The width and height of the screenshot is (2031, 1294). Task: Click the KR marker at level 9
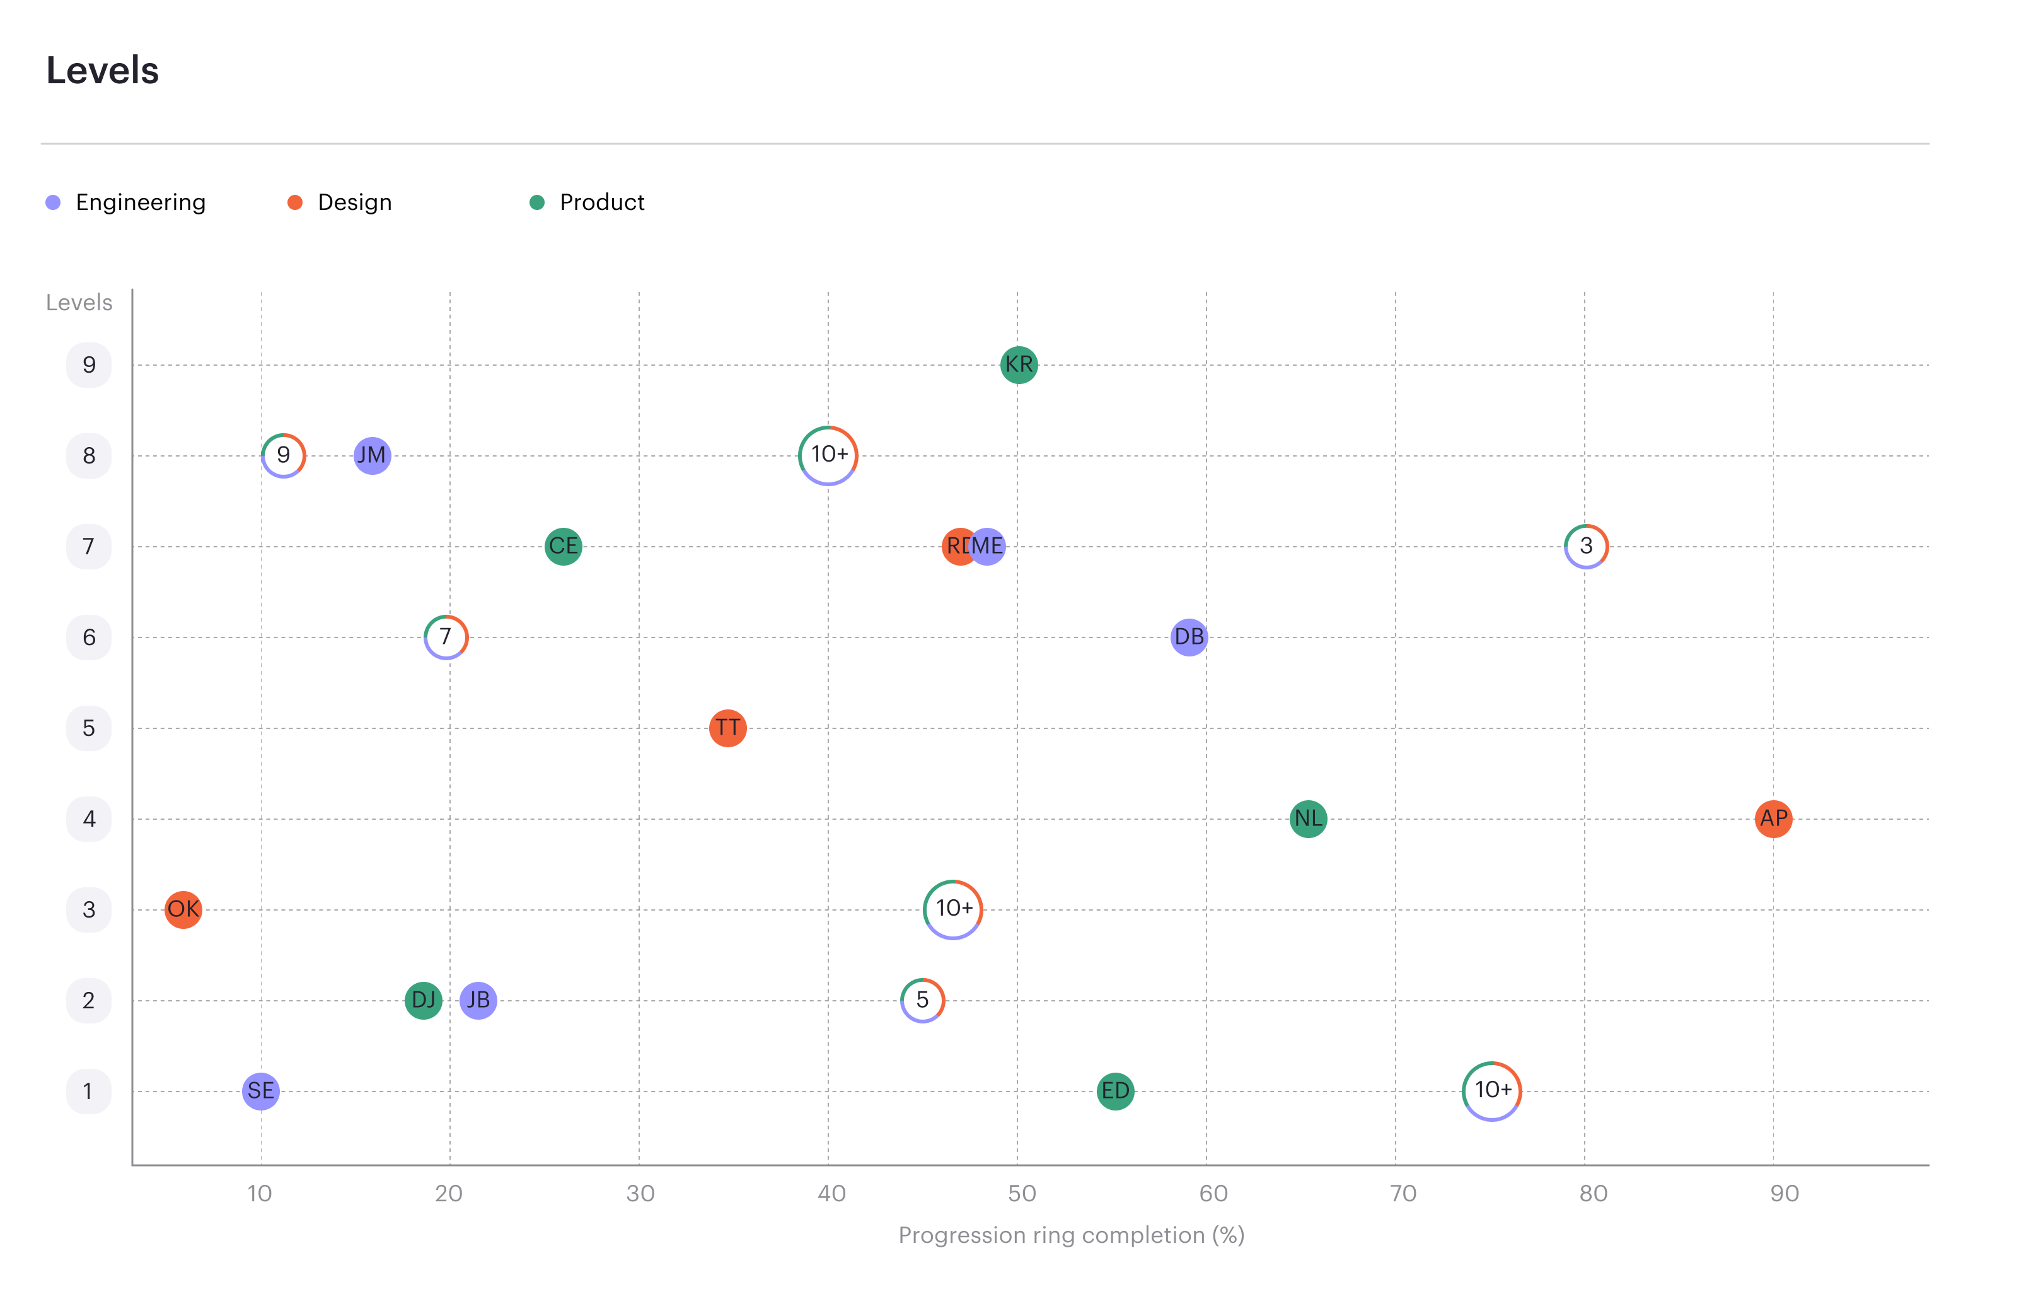1019,365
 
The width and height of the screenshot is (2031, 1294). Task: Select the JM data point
372,455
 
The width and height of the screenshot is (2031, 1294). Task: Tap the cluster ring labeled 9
284,455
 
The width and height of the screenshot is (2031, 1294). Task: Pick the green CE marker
564,547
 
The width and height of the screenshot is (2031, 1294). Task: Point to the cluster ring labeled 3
1586,547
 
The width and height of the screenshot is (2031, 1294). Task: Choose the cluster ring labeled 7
445,637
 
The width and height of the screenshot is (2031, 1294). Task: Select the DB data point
1189,637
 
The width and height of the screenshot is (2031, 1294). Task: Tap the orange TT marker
728,728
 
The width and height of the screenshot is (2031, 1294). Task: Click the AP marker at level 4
1773,819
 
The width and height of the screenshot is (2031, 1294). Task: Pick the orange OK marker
183,909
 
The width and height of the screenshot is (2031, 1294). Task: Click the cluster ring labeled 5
923,1000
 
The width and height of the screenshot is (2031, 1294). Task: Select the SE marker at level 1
260,1091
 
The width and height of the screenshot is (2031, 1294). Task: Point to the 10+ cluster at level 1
1491,1091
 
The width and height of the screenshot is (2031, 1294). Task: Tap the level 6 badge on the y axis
88,637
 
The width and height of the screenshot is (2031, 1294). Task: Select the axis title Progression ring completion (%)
1071,1235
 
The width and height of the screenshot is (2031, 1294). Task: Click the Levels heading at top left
102,70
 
